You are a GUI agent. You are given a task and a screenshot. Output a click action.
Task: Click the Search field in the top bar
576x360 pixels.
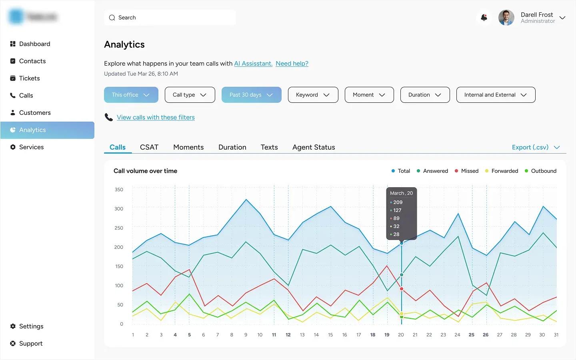point(170,18)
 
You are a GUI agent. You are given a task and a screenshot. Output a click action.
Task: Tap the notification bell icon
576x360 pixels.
point(484,18)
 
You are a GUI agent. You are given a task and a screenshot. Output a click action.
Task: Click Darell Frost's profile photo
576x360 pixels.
point(506,18)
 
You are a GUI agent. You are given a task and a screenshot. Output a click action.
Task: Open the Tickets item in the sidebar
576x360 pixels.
point(29,78)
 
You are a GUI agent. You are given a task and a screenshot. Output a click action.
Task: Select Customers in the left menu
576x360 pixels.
point(35,113)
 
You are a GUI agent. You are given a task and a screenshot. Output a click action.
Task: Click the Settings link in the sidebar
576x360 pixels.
point(31,326)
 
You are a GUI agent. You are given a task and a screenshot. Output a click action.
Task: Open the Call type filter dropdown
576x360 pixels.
point(190,95)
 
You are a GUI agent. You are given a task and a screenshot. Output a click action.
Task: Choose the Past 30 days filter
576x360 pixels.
point(251,95)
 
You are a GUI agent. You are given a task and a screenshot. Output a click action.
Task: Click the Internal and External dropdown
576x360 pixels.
point(495,95)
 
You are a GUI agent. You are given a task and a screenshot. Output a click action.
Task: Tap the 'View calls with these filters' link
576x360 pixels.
point(156,117)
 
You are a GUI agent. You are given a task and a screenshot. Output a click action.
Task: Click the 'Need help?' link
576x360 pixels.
point(292,64)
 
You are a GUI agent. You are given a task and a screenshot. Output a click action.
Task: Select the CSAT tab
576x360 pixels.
point(149,147)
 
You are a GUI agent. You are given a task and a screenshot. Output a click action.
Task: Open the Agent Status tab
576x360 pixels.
point(314,147)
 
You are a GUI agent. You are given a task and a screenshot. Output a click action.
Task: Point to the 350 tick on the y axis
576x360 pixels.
point(119,190)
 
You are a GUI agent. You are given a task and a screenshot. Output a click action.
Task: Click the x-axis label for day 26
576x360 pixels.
point(486,335)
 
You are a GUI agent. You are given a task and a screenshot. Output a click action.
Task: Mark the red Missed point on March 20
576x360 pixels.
point(402,289)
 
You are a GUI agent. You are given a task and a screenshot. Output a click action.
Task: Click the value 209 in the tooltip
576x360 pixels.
point(398,202)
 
